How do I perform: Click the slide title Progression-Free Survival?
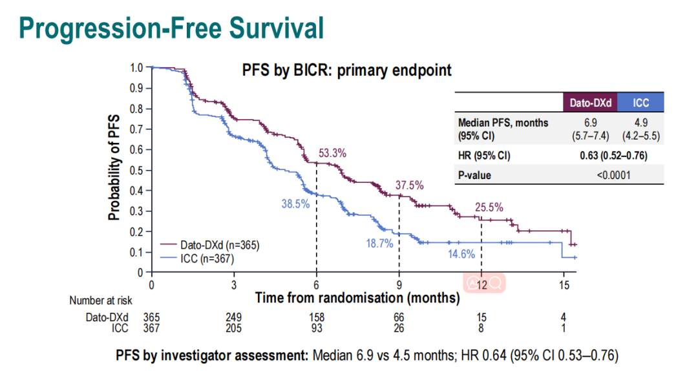[x=171, y=28]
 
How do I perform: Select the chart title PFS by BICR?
[x=347, y=70]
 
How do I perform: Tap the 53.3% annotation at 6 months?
[x=333, y=153]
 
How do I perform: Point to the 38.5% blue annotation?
[x=295, y=204]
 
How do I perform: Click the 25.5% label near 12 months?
[x=489, y=207]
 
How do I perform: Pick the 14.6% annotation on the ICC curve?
[x=462, y=254]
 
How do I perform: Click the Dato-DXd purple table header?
[x=591, y=103]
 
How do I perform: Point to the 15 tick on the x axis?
[x=564, y=285]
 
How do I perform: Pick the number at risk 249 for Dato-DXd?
[x=233, y=317]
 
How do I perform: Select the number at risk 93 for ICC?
[x=316, y=328]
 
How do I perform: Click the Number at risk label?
[x=97, y=301]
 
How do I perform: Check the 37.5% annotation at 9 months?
[x=410, y=185]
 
